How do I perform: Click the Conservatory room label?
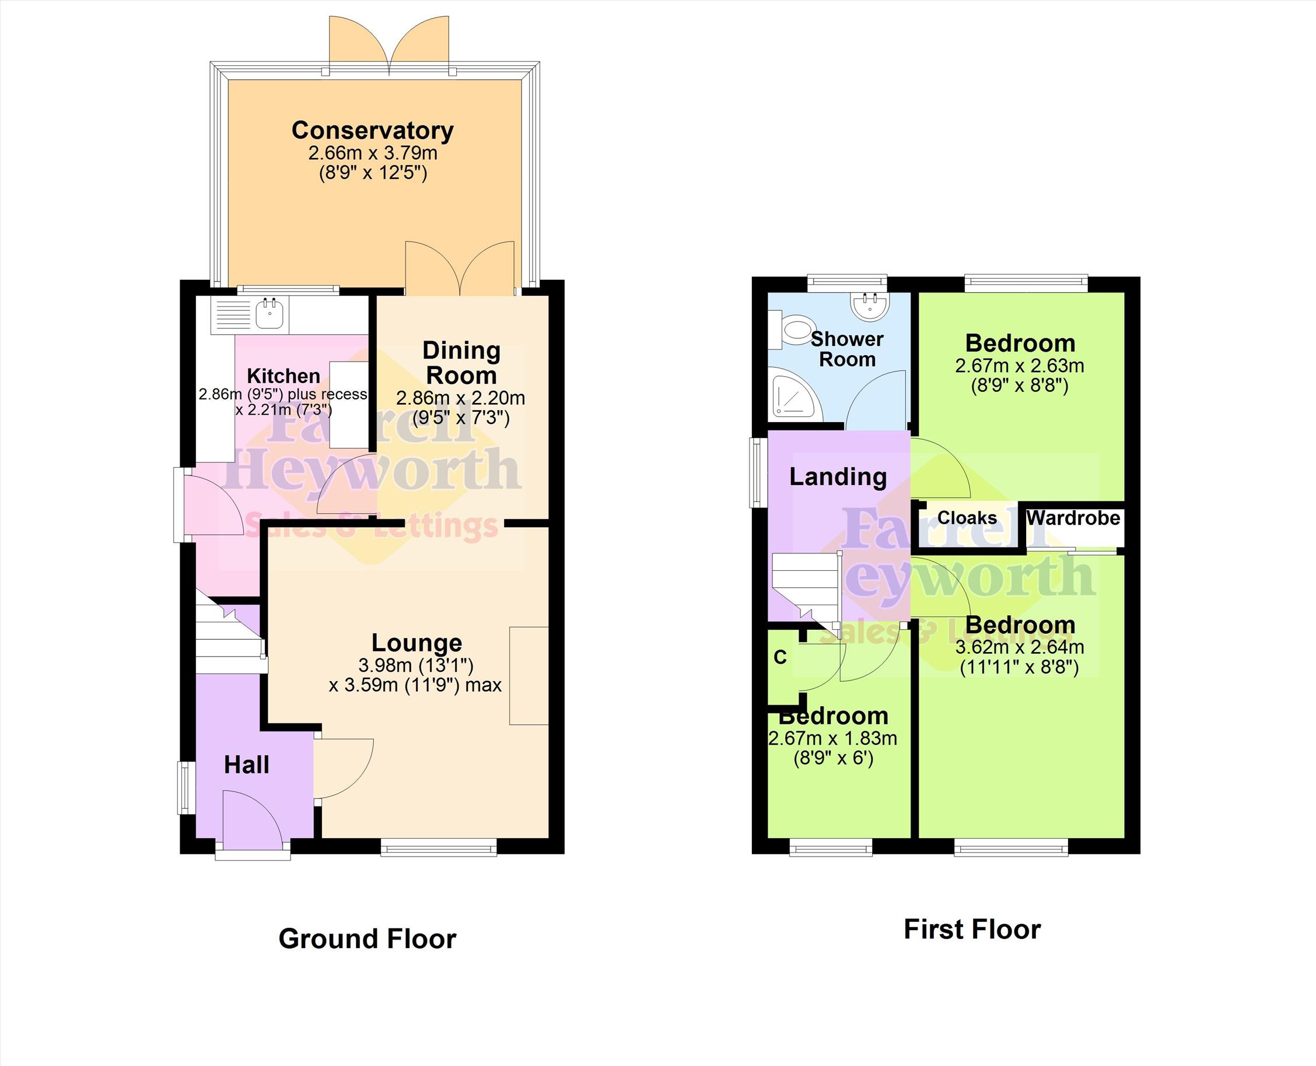pos(373,130)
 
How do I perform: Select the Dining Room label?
pos(461,362)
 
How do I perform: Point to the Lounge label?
pos(416,642)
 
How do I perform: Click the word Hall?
pos(246,765)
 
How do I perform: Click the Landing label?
pos(838,476)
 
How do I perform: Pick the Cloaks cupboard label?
pos(967,518)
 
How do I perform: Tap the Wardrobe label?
pos(1073,518)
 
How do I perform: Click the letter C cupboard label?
pos(780,657)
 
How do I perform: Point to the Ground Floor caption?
pos(367,938)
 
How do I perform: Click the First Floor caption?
pos(972,929)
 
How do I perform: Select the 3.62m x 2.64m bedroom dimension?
pos(1020,647)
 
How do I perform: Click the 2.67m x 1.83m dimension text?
pos(833,738)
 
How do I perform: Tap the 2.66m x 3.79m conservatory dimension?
pos(373,153)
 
